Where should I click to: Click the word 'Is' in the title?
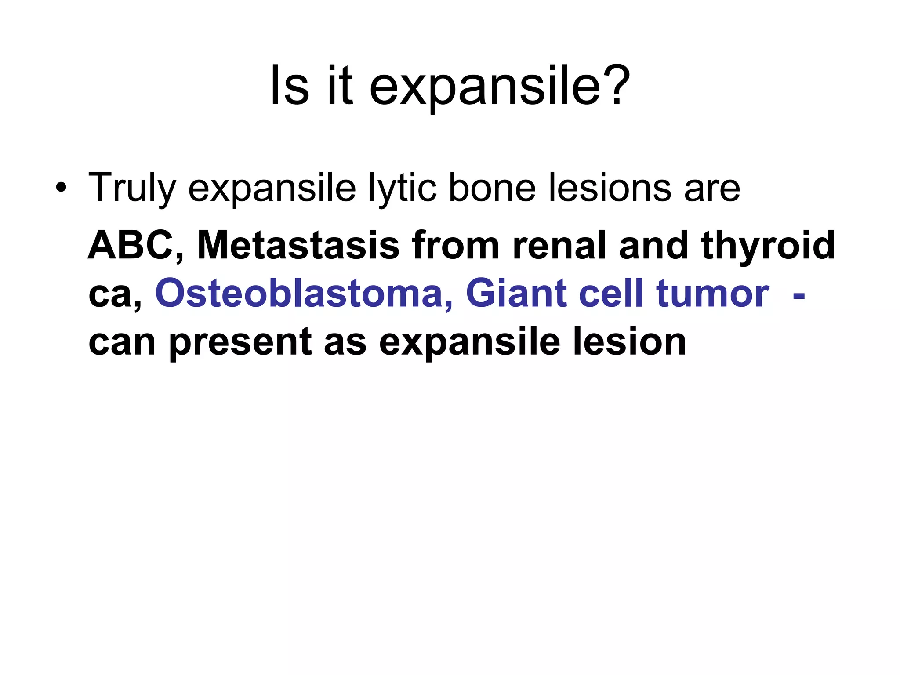[289, 86]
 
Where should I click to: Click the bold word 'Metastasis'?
[298, 246]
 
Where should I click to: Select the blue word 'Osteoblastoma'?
[304, 294]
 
